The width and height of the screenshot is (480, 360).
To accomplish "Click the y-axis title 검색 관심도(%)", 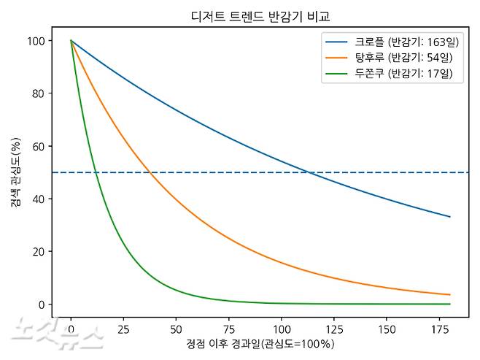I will click(x=15, y=172).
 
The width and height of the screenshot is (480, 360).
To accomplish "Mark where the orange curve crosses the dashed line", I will click(x=150, y=172).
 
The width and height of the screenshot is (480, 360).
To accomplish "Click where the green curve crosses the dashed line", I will click(x=96, y=172).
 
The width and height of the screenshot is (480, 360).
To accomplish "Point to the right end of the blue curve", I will click(x=449, y=217).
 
